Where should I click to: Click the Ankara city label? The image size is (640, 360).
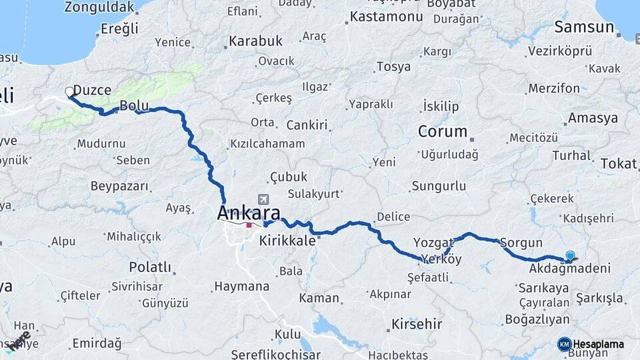tap(249, 213)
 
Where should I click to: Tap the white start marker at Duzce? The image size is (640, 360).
tap(69, 92)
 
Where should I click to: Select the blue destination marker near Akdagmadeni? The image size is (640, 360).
tap(570, 255)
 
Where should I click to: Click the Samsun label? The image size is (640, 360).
tap(584, 27)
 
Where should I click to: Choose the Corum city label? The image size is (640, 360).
tap(442, 131)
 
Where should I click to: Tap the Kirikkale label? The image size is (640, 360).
tap(287, 241)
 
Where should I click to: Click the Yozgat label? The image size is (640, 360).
tap(434, 242)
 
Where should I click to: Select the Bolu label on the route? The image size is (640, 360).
tap(133, 105)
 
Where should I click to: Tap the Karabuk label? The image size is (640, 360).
tap(255, 41)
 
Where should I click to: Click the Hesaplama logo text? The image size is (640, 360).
tap(598, 344)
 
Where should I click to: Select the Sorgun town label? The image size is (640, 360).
tap(521, 243)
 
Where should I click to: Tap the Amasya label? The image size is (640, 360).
tap(593, 119)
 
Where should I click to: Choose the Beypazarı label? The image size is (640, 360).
tap(117, 186)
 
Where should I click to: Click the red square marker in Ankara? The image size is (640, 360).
tap(249, 225)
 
